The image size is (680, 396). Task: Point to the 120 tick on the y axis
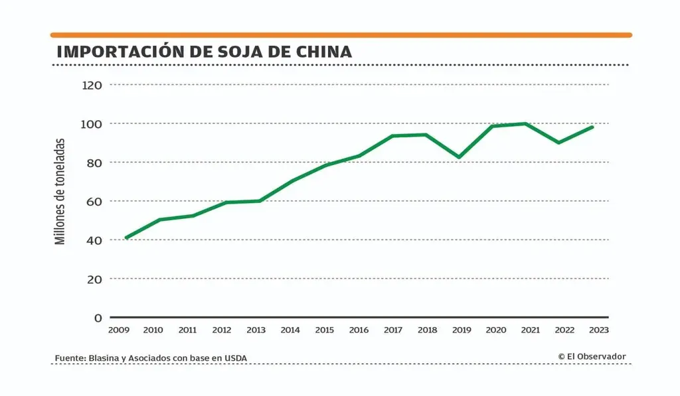click(92, 85)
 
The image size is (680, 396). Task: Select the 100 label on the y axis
click(92, 124)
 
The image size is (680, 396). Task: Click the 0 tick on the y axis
click(98, 318)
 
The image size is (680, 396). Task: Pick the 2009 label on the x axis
click(119, 330)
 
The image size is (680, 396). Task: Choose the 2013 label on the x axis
click(256, 330)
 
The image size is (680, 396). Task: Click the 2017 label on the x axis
click(393, 330)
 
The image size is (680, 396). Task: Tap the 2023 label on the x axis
click(598, 330)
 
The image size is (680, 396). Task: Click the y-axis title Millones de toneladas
click(60, 191)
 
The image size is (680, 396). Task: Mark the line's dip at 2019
click(459, 157)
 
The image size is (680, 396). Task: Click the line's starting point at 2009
click(126, 237)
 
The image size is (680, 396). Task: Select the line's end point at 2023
click(592, 127)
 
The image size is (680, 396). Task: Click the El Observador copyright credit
click(592, 357)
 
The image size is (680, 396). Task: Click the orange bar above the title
click(341, 34)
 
